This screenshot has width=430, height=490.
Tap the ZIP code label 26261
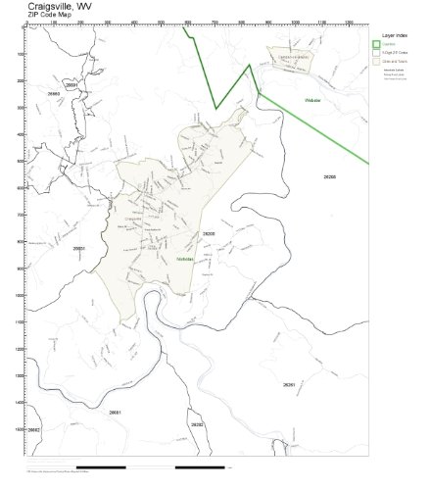[288, 385]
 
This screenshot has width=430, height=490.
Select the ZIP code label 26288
[329, 175]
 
